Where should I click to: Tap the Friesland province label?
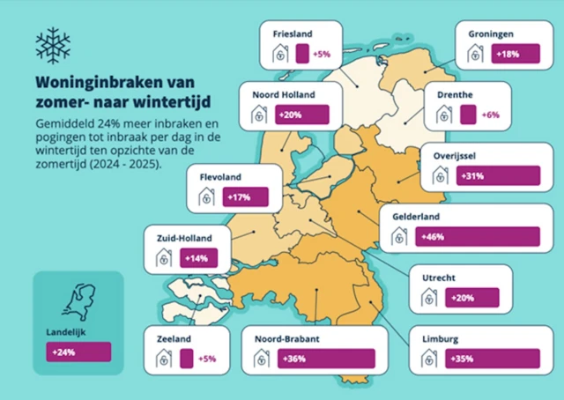point(293,33)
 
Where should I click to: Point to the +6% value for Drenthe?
point(491,115)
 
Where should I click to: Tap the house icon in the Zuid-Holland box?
point(164,258)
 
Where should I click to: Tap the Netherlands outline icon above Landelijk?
point(78,300)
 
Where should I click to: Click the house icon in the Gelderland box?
point(400,237)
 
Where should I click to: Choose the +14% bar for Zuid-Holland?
point(199,258)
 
